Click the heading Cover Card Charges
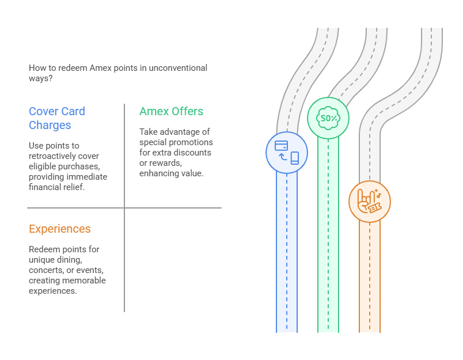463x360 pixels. [x=57, y=118]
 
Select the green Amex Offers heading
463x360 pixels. [x=171, y=111]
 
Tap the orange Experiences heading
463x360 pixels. [x=60, y=229]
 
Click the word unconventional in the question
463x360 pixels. [x=178, y=68]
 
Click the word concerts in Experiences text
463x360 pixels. [x=47, y=270]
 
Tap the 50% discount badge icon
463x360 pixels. [x=328, y=118]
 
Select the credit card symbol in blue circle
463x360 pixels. [x=281, y=146]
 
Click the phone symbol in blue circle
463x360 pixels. [x=295, y=158]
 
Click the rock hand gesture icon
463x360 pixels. [x=365, y=200]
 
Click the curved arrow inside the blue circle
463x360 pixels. [x=283, y=157]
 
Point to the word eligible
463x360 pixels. [x=42, y=166]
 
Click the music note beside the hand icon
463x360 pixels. [x=379, y=195]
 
